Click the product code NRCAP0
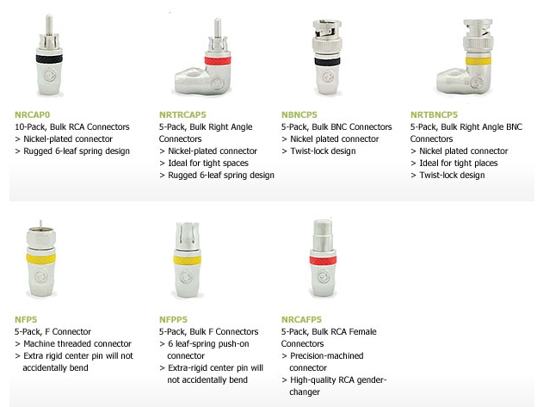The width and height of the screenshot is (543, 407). click(32, 114)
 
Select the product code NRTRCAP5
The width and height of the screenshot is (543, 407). click(182, 114)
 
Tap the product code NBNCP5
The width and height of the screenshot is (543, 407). click(299, 114)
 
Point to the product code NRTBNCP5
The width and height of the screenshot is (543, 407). click(434, 114)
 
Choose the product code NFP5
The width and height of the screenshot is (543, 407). click(26, 319)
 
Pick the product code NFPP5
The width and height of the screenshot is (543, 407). click(173, 319)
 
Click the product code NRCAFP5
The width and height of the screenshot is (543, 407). click(301, 319)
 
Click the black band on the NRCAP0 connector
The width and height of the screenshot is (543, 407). click(49, 59)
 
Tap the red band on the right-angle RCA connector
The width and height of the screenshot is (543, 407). click(218, 61)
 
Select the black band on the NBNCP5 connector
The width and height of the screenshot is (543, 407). click(327, 62)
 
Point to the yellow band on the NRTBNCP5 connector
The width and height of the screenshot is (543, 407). click(478, 61)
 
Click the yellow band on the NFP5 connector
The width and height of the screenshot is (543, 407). click(40, 259)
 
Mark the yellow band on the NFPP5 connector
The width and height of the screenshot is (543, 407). click(187, 260)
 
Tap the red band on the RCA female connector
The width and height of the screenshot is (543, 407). click(323, 260)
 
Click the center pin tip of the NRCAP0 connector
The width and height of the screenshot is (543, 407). click(49, 16)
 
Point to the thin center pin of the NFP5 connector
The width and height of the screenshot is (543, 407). click(40, 224)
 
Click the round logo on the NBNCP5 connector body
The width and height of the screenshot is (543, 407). click(328, 77)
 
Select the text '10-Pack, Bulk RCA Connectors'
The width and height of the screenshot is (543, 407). click(72, 126)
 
